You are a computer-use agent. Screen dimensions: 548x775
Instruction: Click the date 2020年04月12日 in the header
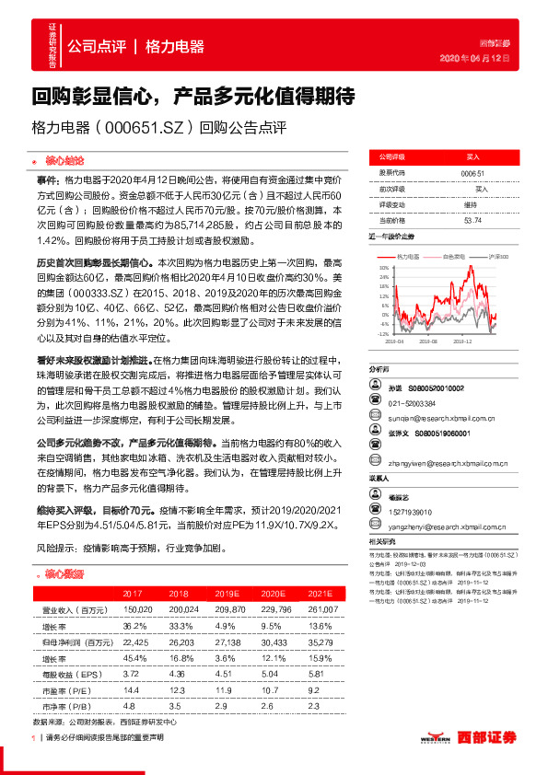click(x=473, y=58)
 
